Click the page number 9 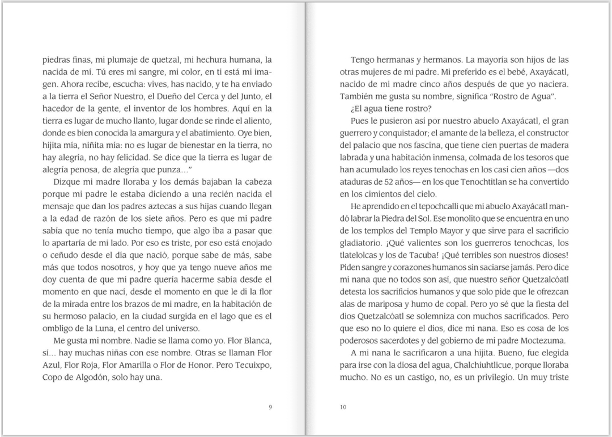(x=270, y=406)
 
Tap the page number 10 (x=343, y=406)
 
